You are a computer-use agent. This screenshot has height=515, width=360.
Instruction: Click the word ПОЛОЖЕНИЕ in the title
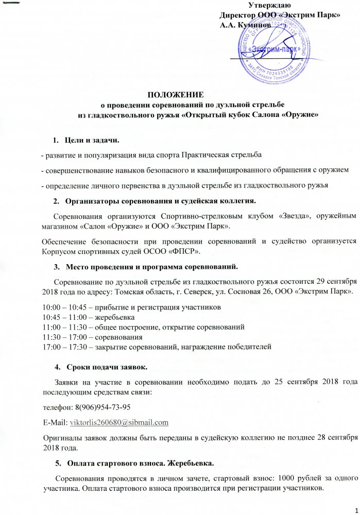pyautogui.click(x=176, y=95)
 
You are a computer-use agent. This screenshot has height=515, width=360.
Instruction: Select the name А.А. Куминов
pyautogui.click(x=244, y=24)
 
